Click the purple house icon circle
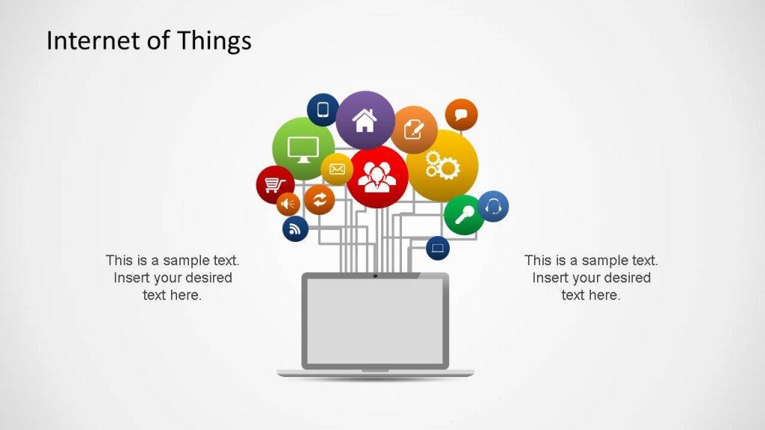365,119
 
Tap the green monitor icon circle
303,148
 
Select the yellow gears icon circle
442,165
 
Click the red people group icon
377,177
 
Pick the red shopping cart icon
275,184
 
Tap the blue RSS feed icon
295,228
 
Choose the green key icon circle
464,215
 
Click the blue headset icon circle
493,206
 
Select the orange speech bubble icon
461,115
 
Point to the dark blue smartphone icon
323,110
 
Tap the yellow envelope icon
337,169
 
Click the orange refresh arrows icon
320,199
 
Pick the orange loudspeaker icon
288,203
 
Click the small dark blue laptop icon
438,248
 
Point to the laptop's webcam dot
375,276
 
